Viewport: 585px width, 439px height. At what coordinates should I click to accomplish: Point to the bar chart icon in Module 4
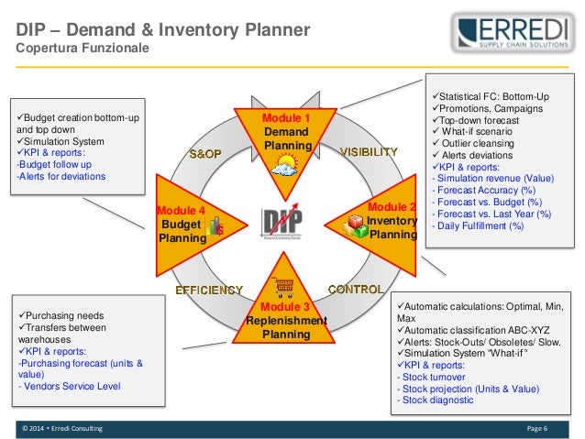[215, 225]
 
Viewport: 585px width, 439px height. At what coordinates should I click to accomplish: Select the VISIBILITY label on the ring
[369, 152]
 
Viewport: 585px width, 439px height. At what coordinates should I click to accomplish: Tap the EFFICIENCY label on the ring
[209, 291]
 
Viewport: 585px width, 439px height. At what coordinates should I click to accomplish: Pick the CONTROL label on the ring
[355, 291]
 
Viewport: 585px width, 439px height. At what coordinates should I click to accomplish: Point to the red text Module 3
[285, 306]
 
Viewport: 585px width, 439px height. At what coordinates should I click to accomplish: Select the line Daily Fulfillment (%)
[478, 225]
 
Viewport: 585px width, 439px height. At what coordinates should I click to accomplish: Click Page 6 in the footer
[536, 428]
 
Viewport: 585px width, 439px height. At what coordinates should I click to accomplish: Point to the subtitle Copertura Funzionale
[79, 48]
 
